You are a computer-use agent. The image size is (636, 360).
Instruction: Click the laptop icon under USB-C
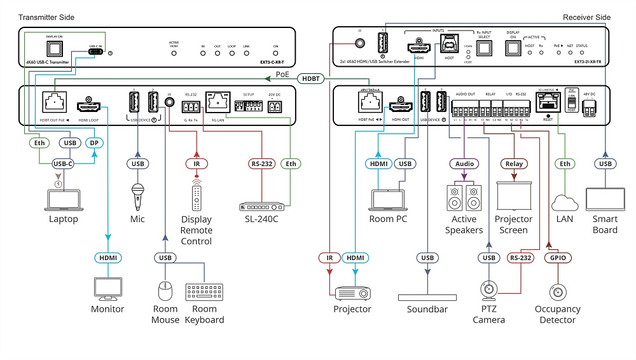tap(62, 199)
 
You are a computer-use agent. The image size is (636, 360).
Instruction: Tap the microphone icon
tap(137, 197)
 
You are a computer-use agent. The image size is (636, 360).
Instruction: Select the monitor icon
tap(107, 287)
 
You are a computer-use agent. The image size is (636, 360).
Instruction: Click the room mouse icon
tap(165, 291)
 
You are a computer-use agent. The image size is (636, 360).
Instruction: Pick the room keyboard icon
tap(204, 292)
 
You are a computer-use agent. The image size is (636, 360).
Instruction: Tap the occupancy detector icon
tap(557, 292)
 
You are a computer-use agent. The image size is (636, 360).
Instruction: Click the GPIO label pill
tap(558, 258)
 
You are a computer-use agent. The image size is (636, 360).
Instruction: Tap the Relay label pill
tap(514, 163)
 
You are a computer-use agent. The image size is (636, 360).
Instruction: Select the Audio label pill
tap(464, 163)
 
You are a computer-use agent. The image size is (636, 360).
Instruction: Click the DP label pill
tap(93, 144)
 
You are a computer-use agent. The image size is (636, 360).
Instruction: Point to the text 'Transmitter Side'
tap(46, 17)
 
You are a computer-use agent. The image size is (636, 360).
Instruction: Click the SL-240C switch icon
tap(261, 206)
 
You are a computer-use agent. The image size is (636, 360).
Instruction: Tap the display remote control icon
tap(197, 196)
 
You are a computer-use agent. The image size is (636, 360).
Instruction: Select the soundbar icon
tap(427, 297)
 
